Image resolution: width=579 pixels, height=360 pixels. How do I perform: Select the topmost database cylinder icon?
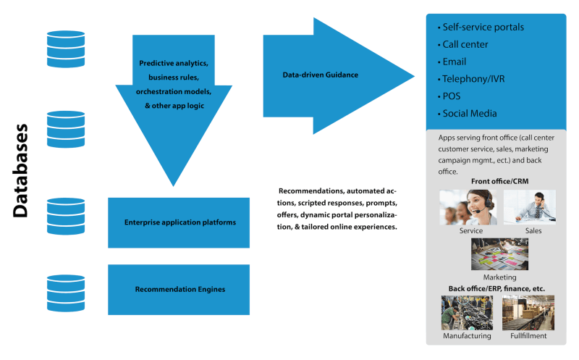pos(66,49)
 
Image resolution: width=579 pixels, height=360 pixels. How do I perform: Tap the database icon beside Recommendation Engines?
pos(66,291)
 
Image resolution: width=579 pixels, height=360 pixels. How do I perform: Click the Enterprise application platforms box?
pos(179,222)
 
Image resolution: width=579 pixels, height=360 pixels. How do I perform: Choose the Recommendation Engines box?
pos(179,289)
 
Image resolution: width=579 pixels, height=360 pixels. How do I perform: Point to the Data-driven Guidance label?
pos(320,75)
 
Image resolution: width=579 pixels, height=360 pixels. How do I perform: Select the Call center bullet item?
pos(465,44)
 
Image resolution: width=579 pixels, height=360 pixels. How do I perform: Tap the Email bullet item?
pos(454,62)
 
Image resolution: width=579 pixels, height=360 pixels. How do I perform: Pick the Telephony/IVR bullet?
pos(474,79)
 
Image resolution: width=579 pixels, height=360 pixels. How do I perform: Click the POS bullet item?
pos(451,96)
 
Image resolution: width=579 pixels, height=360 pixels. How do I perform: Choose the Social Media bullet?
pos(470,114)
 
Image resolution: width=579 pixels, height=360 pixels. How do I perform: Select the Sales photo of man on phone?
pos(529,206)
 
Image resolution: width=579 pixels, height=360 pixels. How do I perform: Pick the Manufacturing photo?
pos(467,312)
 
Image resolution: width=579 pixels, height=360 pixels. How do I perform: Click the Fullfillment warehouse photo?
pos(528,312)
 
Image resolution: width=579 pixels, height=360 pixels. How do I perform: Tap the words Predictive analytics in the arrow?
pos(173,64)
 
